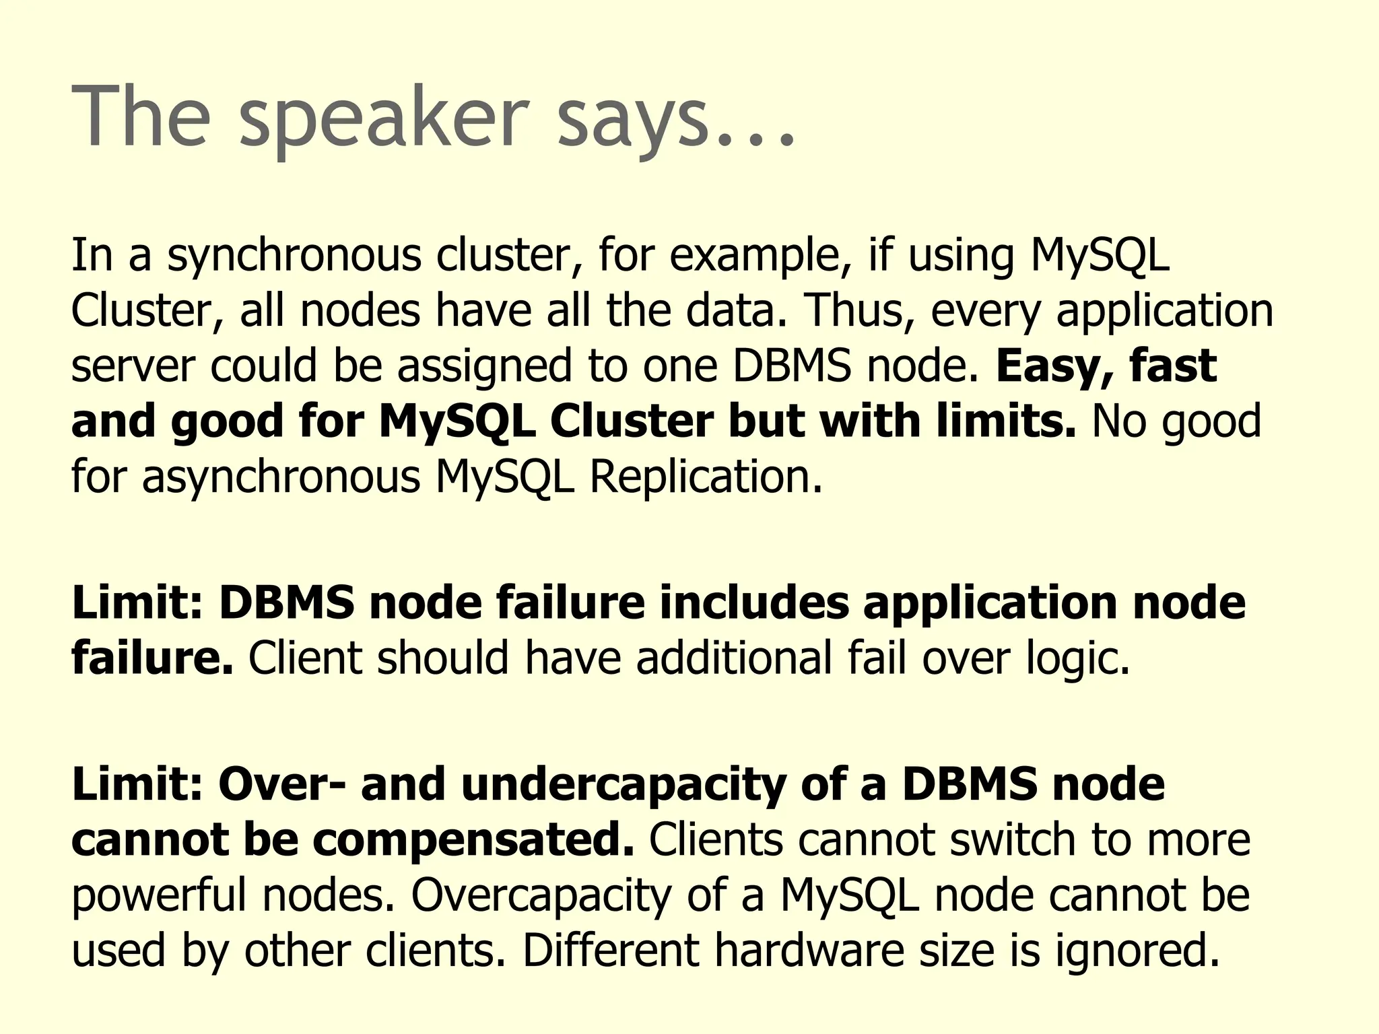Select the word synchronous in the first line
coord(294,256)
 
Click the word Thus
coord(859,310)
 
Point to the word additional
coord(734,658)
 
